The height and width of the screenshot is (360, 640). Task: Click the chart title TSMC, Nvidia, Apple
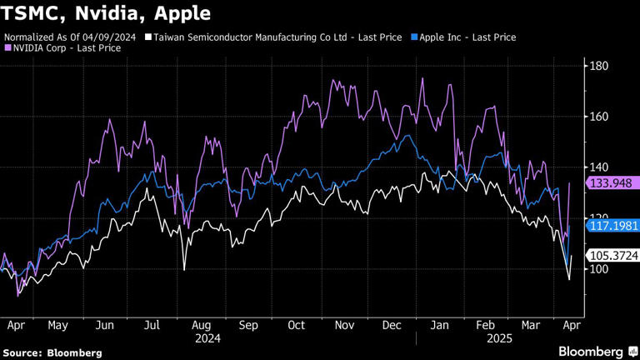click(x=105, y=14)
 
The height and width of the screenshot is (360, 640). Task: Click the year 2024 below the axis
click(x=207, y=339)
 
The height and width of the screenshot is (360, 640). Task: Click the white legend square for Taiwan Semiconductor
click(x=148, y=37)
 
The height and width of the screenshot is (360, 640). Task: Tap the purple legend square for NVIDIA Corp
click(x=8, y=48)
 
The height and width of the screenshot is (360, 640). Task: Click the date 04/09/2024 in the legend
click(x=113, y=37)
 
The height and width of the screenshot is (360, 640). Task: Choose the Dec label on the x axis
click(x=390, y=326)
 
